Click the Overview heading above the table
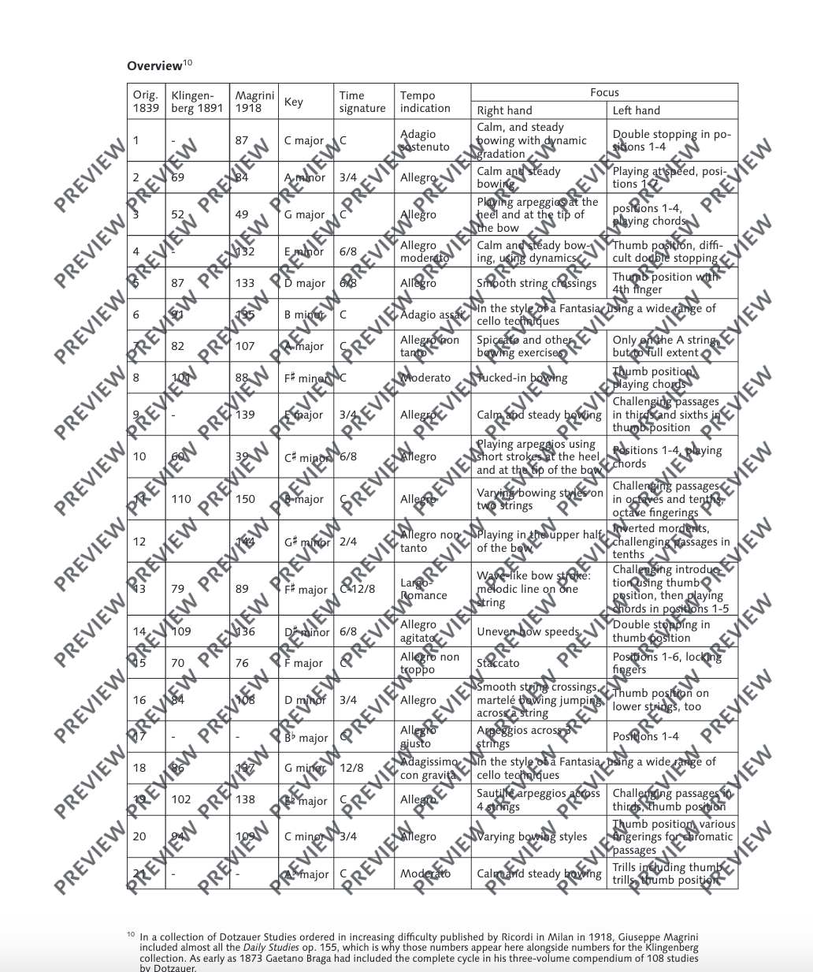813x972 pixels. (154, 66)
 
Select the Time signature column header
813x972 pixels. (362, 102)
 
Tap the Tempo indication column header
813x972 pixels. (425, 102)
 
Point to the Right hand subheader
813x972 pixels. (504, 110)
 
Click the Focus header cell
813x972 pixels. (604, 92)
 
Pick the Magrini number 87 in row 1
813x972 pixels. (242, 140)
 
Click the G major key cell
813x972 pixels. (304, 214)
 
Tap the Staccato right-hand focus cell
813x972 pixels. (498, 663)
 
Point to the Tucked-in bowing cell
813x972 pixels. (522, 378)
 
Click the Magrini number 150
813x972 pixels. (245, 499)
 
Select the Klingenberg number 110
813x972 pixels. (181, 499)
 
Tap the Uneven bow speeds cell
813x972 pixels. (528, 631)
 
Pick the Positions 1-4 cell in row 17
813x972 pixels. (645, 736)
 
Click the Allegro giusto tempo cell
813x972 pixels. (416, 736)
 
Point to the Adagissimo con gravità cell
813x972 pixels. (429, 768)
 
